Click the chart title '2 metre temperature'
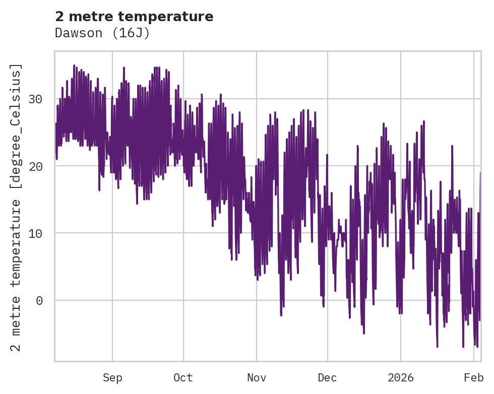tap(134, 17)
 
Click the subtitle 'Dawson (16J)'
tap(102, 33)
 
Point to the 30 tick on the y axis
tap(35, 99)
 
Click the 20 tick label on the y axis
tap(35, 166)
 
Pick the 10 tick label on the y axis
tap(35, 233)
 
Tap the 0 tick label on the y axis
tap(39, 301)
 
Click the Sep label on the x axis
tap(112, 378)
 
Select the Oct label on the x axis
tap(183, 378)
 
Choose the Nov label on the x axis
tap(256, 378)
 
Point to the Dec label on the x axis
tap(327, 378)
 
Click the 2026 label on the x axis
tap(400, 378)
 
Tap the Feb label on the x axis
tap(473, 378)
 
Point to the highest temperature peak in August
tap(74, 65)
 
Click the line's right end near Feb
tap(480, 172)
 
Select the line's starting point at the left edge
tap(55, 123)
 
